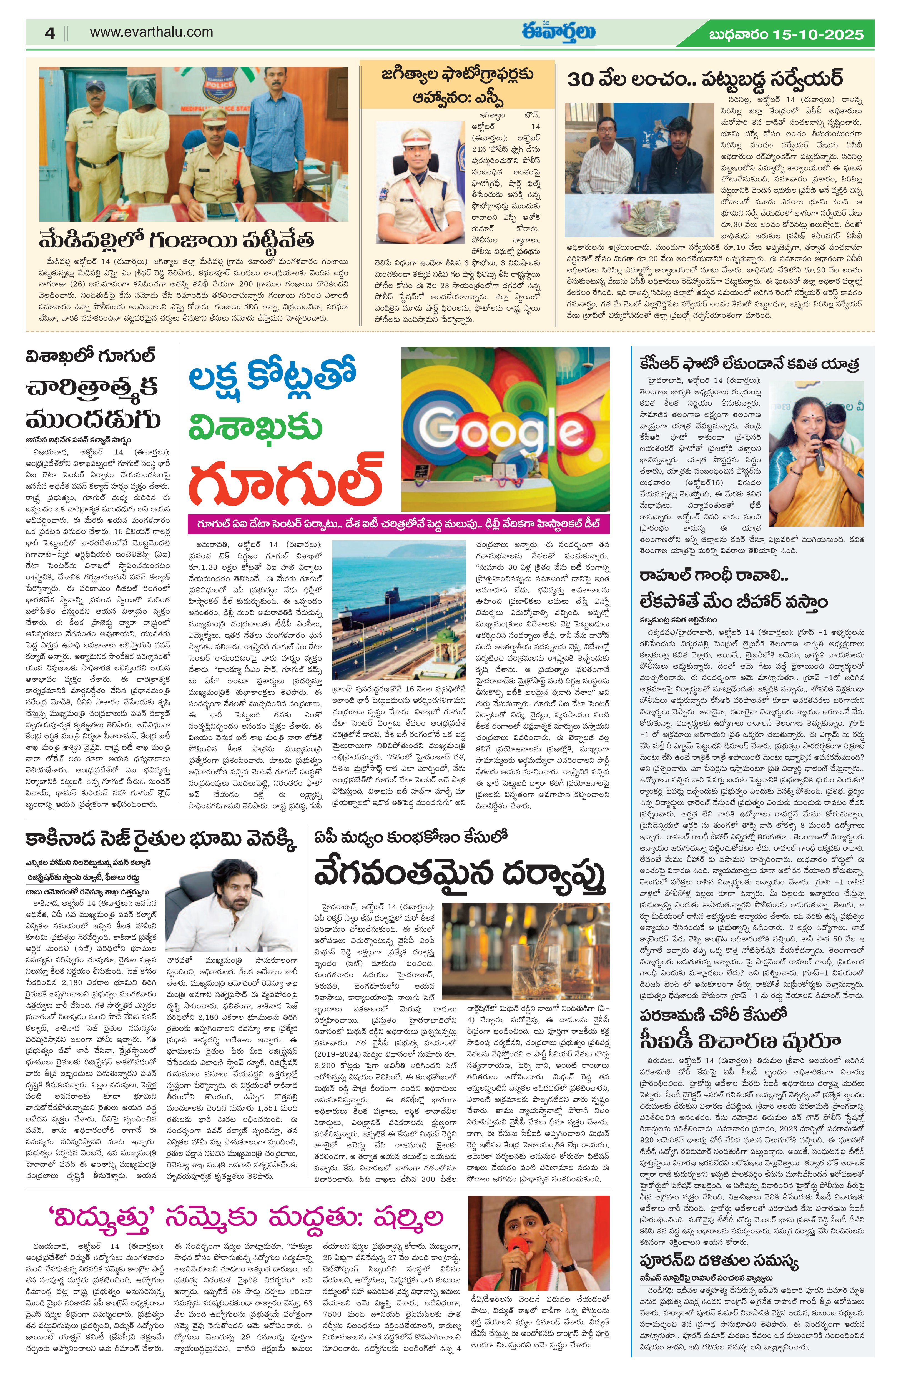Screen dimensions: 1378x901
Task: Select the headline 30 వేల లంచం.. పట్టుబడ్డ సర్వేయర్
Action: pos(704,79)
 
